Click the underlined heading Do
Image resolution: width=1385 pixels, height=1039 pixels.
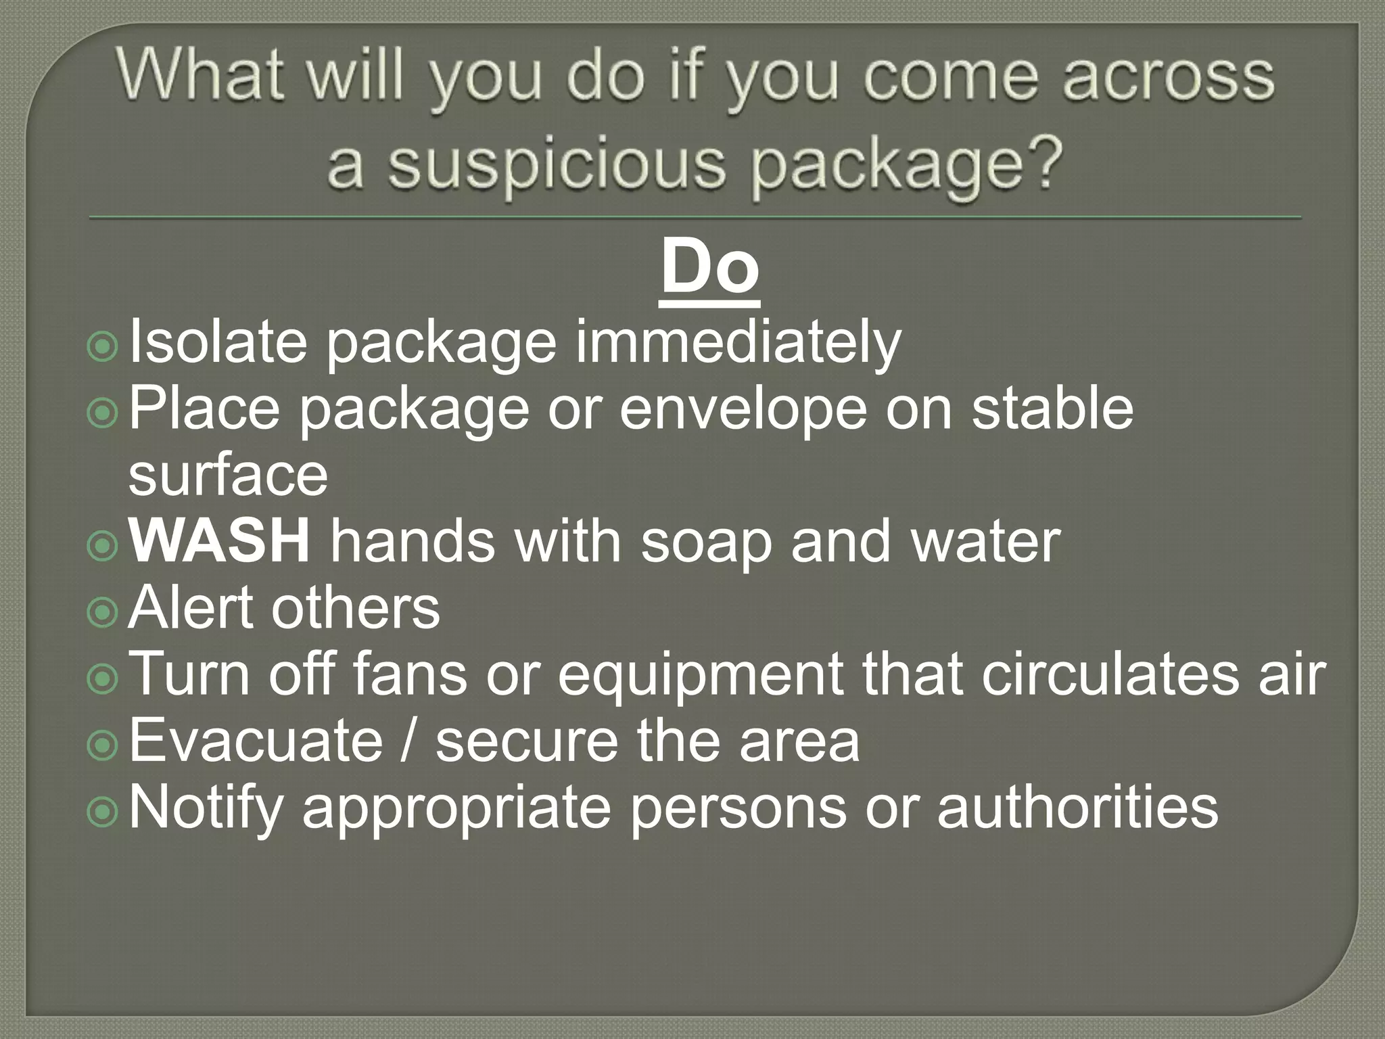pos(709,269)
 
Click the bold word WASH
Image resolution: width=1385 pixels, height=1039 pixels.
pos(220,542)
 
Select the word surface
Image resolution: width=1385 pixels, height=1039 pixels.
pos(228,475)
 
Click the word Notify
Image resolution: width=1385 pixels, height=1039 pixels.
pos(206,808)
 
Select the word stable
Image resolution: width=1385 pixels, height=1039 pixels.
pos(1052,409)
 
